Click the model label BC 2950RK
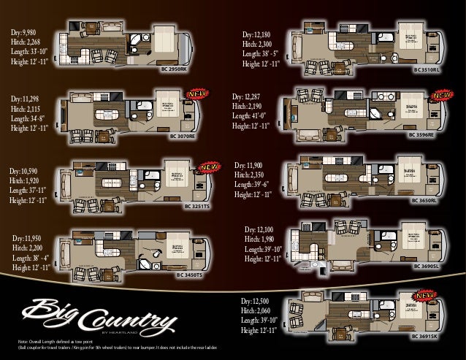tap(173, 69)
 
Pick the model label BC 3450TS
tap(192, 276)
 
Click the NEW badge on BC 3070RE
tap(196, 95)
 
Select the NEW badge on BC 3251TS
tap(210, 166)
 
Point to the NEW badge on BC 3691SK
tap(426, 296)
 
